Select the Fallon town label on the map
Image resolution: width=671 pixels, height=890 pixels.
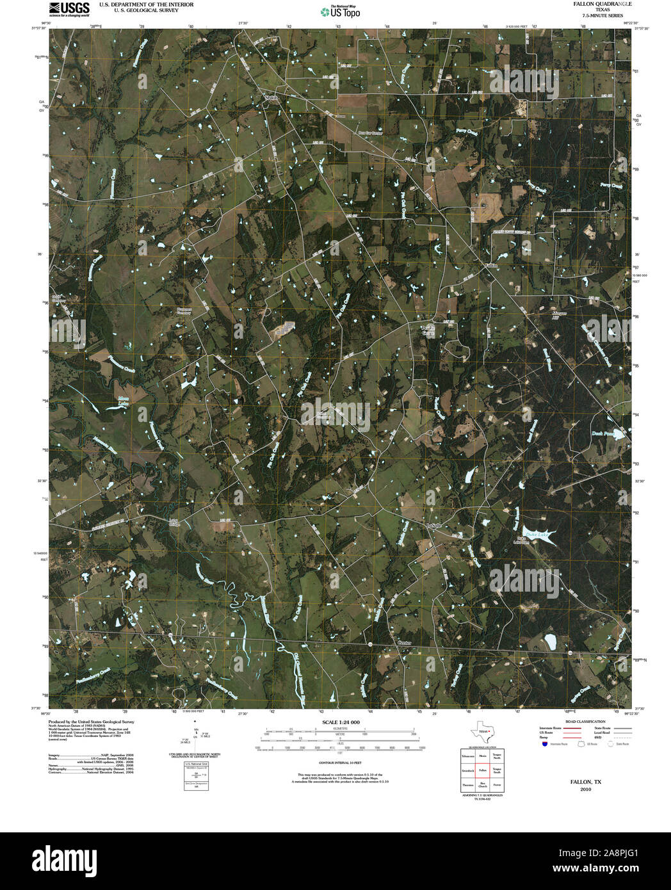pos(490,265)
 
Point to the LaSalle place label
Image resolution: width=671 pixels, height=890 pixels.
pos(434,526)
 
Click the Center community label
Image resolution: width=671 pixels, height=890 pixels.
pos(404,642)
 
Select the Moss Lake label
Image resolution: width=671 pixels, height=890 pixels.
pos(123,401)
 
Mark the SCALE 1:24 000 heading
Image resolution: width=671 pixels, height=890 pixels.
pos(341,722)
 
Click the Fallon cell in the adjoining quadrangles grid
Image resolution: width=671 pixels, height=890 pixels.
pos(482,770)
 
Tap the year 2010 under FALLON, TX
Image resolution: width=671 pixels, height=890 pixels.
pos(585,789)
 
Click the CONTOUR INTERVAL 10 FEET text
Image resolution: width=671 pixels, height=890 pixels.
pos(341,762)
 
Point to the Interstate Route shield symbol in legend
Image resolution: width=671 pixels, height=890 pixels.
pos(544,744)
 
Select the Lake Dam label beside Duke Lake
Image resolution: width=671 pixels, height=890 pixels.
pos(522,540)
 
